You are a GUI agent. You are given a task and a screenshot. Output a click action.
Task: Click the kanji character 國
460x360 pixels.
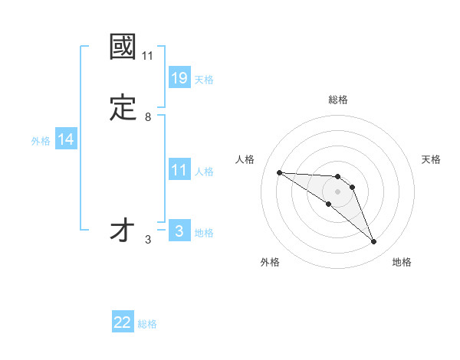tap(123, 47)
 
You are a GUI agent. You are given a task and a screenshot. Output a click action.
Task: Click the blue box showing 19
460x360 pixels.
tap(179, 78)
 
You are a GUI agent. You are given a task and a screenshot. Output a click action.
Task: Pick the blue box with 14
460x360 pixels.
tap(66, 139)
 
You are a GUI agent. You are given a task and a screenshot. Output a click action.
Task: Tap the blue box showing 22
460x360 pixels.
tap(123, 322)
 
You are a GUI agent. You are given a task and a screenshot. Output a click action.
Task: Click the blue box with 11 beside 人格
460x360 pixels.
tap(179, 170)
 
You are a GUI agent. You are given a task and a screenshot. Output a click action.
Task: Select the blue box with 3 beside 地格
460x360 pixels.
tap(179, 231)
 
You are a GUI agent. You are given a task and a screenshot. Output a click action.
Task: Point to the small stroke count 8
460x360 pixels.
tap(148, 116)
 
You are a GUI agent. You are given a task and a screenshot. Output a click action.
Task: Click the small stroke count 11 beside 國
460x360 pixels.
tap(148, 55)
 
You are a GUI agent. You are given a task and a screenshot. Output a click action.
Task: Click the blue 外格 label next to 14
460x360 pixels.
tap(41, 140)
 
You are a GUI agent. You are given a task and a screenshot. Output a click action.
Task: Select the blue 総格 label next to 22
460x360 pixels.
tap(147, 324)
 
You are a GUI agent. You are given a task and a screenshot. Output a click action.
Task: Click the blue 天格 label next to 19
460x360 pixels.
tap(204, 79)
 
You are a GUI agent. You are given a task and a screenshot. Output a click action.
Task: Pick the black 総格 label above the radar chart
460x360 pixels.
tap(338, 100)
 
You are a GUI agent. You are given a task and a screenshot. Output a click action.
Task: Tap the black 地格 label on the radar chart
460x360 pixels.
tap(402, 262)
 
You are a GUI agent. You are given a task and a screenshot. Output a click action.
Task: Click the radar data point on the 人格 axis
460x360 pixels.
tap(279, 172)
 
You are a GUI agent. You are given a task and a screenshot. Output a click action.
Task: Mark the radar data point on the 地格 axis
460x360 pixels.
tap(373, 242)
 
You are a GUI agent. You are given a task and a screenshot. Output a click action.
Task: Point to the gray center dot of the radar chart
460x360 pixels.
tap(337, 191)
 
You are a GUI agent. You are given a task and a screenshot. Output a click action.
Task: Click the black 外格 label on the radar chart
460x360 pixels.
tap(270, 262)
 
